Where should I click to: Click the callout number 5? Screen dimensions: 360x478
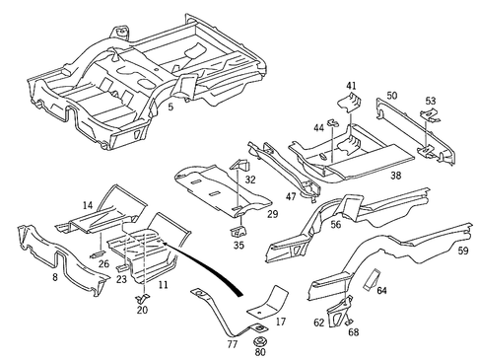pos(171,107)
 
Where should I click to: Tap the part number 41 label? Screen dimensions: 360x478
pos(351,87)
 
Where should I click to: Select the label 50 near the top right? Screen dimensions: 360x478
pos(391,96)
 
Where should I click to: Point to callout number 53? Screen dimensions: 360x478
pos(430,102)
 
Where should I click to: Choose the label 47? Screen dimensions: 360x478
pos(291,195)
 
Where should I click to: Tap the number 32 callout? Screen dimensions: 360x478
pos(250,180)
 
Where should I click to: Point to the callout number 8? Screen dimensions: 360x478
pos(56,279)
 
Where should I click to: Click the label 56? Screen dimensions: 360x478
pos(335,225)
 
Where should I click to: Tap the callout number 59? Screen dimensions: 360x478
pos(462,251)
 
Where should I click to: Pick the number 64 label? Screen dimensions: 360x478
pos(381,291)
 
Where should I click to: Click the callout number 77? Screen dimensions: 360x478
pos(232,344)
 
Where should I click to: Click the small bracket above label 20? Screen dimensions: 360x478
pos(142,297)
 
